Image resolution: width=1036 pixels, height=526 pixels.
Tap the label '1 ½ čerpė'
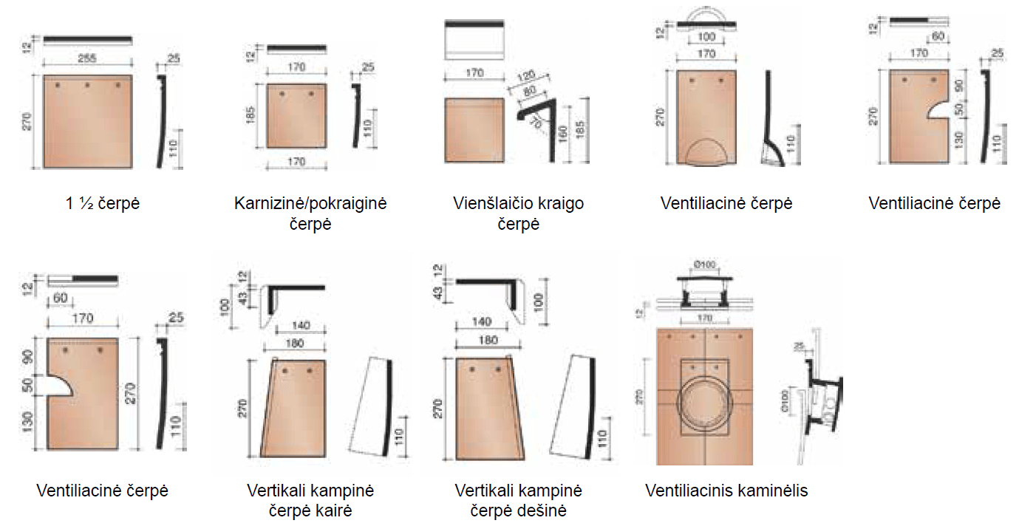coord(103,203)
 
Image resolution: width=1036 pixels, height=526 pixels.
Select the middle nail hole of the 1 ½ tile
coord(87,86)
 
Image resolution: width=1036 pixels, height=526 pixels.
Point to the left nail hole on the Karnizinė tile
coord(282,95)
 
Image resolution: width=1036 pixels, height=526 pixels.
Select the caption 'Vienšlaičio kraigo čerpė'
coord(518,213)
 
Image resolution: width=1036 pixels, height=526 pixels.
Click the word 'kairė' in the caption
coord(333,510)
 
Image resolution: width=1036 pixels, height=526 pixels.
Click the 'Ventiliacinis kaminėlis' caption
coord(726,491)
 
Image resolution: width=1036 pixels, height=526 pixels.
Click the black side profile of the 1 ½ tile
coord(161,118)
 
